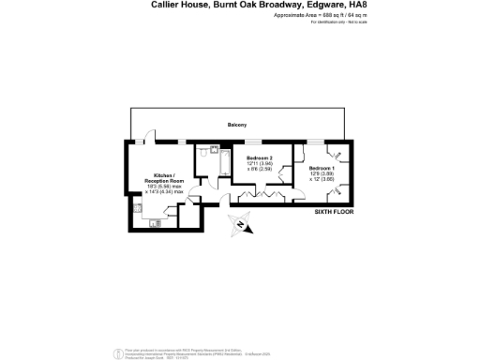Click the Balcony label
click(x=237, y=124)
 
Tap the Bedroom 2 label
click(x=259, y=157)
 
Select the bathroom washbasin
click(x=215, y=149)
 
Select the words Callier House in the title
click(x=180, y=6)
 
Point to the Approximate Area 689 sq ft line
click(x=307, y=16)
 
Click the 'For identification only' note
click(x=324, y=22)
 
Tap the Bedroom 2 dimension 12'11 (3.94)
click(x=259, y=163)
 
